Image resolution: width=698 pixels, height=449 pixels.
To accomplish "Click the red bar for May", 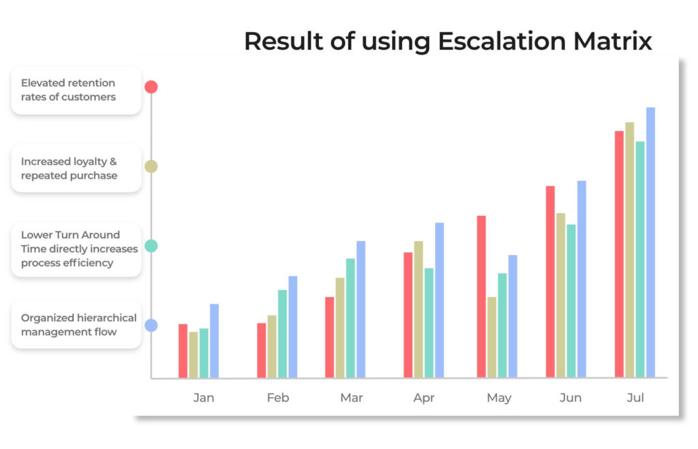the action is pos(481,297).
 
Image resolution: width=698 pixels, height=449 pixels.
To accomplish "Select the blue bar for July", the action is pos(650,242).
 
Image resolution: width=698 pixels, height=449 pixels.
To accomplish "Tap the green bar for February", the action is pos(282,334).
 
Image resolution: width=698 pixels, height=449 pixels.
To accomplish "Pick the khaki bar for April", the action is pos(419,309).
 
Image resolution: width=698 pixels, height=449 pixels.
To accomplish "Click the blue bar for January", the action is pos(214,341).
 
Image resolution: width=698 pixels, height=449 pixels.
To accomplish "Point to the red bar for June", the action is pos(550,282).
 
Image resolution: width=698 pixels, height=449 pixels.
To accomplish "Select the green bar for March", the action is pos(350,318).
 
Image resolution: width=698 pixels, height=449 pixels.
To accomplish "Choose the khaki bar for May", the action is pos(491,337).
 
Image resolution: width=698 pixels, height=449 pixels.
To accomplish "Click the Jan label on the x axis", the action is pos(203,397).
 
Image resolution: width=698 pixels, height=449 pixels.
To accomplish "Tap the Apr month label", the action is pos(424,398).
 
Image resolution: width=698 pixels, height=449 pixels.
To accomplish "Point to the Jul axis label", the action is pos(635,397).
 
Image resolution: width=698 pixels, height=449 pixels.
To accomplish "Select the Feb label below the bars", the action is pos(278,397).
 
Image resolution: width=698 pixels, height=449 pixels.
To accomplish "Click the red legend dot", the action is pos(151,87).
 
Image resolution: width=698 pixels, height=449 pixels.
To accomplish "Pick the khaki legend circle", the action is pos(151,166).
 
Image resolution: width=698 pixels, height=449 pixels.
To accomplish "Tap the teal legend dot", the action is pos(151,246).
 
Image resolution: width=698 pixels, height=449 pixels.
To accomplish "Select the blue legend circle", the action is pos(151,325).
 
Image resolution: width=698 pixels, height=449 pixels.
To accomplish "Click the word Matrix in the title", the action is pos(613,42).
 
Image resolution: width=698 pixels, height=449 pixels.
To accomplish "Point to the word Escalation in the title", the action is pos(502,42).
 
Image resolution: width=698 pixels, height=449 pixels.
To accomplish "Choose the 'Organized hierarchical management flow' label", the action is pos(79,325).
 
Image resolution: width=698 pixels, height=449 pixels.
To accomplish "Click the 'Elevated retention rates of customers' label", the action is pos(68,89).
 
